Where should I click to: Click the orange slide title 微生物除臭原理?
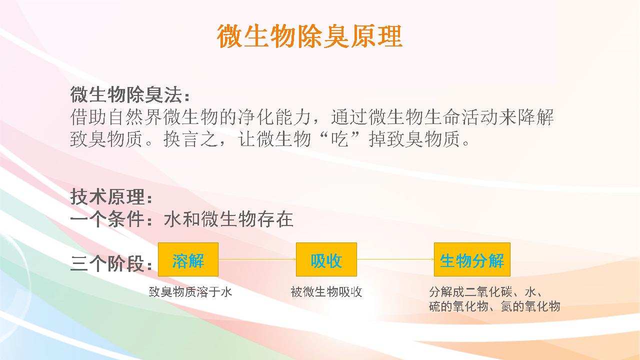coord(309,36)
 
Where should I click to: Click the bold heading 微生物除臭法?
coord(130,94)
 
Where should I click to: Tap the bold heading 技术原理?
coord(111,196)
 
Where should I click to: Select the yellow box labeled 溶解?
coord(188,259)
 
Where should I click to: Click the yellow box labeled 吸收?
coord(326,259)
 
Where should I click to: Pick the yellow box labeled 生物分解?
coord(472,259)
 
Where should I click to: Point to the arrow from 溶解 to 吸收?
coord(257,259)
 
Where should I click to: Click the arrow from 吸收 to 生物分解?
coord(395,259)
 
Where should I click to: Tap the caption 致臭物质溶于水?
coord(190,292)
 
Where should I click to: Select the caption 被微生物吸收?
coord(326,292)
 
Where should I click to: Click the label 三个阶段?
coord(111,263)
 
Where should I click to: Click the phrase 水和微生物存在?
coord(229,219)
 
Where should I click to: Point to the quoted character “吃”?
coord(339,139)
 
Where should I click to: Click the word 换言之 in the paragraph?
coord(191,139)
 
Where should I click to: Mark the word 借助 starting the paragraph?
coord(88,117)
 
